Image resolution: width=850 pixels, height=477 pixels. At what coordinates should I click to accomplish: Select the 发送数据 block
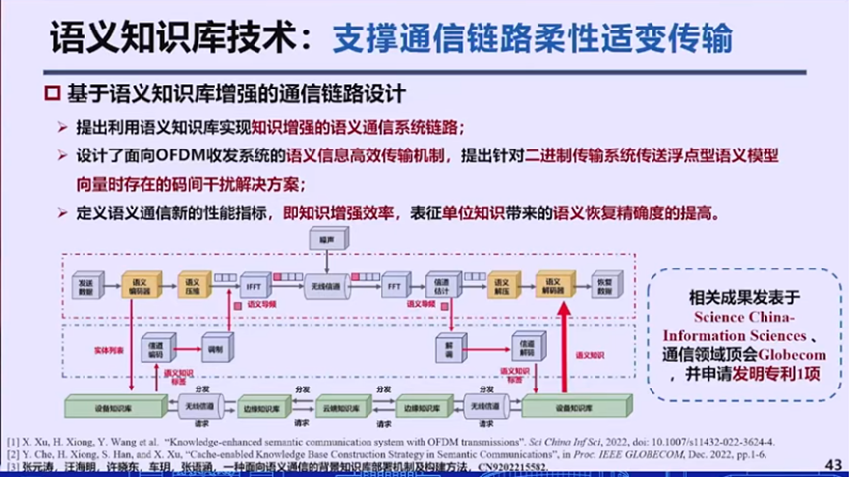tap(86, 286)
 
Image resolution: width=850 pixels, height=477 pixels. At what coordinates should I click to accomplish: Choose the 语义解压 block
tap(501, 286)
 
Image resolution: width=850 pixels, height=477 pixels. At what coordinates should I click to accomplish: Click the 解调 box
tap(449, 346)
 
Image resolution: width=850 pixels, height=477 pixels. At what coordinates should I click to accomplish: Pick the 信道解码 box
tap(526, 346)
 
